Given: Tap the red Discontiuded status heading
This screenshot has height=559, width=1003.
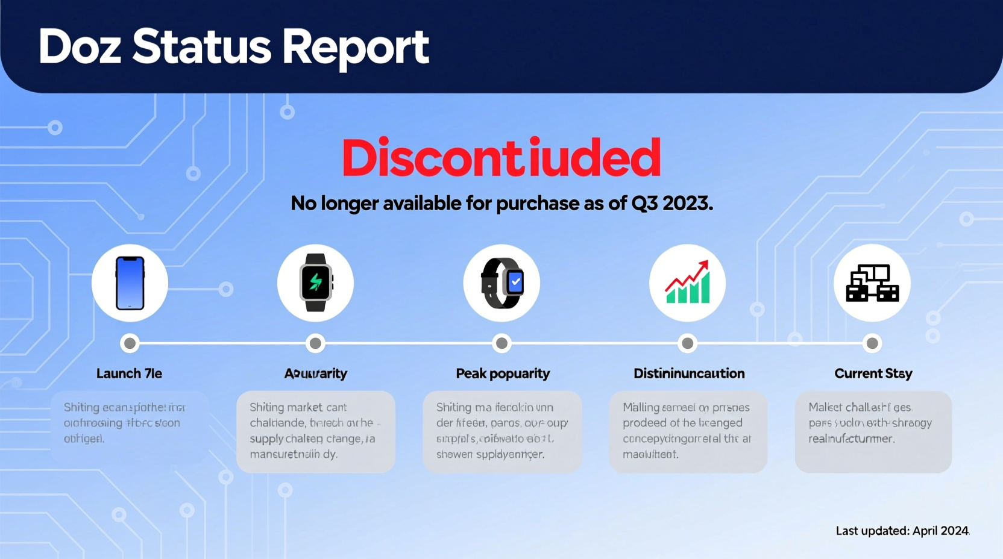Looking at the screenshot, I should point(501,158).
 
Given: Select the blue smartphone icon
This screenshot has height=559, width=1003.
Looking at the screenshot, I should point(130,283).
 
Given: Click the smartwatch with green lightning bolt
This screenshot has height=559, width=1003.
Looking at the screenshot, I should point(315,283).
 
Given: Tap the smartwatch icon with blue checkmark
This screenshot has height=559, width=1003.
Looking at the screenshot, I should point(502,283).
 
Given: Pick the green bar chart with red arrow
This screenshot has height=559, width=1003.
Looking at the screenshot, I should point(687,283).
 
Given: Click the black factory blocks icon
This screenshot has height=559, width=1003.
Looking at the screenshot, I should point(872,283).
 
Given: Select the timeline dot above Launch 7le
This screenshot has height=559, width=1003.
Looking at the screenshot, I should point(130,343).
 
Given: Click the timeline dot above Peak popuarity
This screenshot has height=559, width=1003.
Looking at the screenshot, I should point(502,343).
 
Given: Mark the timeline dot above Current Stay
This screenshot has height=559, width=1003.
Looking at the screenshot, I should point(872,343).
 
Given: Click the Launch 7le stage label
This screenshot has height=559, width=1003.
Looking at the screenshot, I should point(129,373).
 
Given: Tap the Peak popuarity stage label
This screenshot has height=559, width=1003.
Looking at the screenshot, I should point(503,373).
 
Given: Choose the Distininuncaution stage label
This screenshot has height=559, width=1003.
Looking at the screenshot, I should point(689,373).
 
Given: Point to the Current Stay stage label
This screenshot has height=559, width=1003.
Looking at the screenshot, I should point(873,373).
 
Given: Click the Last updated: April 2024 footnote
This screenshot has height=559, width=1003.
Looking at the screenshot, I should point(902,531).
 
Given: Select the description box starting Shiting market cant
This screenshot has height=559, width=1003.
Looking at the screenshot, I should point(316,431).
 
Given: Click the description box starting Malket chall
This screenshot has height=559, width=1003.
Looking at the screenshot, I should point(873,431).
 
